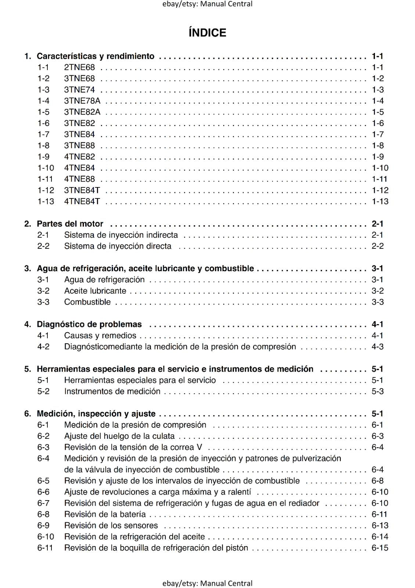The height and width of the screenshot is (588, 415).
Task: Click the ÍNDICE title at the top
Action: pyautogui.click(x=207, y=33)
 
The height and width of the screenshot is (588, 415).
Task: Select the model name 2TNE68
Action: pyautogui.click(x=79, y=67)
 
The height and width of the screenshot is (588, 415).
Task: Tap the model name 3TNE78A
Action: pyautogui.click(x=82, y=101)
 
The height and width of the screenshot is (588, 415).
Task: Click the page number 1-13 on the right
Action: pyautogui.click(x=380, y=201)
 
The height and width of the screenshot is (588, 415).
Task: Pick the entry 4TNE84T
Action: pyautogui.click(x=82, y=201)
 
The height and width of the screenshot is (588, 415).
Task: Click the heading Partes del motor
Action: pyautogui.click(x=70, y=224)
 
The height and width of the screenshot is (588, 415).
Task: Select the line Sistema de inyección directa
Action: pyautogui.click(x=118, y=246)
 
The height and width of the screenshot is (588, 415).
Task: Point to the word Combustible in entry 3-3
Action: pyautogui.click(x=87, y=302)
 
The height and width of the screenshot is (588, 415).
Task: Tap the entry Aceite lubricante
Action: pyautogui.click(x=95, y=291)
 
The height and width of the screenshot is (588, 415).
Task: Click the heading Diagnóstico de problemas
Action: pyautogui.click(x=89, y=325)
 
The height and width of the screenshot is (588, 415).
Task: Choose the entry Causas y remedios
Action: pyautogui.click(x=100, y=336)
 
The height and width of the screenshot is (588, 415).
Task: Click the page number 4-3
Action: pyautogui.click(x=378, y=347)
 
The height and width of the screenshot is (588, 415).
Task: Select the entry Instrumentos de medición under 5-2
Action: pyautogui.click(x=112, y=391)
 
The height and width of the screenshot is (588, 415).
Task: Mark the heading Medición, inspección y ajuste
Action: pyautogui.click(x=96, y=414)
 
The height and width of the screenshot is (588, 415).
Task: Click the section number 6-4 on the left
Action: pyautogui.click(x=43, y=459)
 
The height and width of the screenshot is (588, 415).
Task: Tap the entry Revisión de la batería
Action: pyautogui.click(x=105, y=514)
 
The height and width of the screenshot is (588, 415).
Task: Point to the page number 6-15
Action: pyautogui.click(x=380, y=548)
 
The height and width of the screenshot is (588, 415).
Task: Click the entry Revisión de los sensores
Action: pyautogui.click(x=111, y=526)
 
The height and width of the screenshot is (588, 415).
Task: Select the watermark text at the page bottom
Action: pyautogui.click(x=207, y=583)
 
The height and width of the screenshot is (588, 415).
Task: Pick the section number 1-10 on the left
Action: pyautogui.click(x=46, y=168)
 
